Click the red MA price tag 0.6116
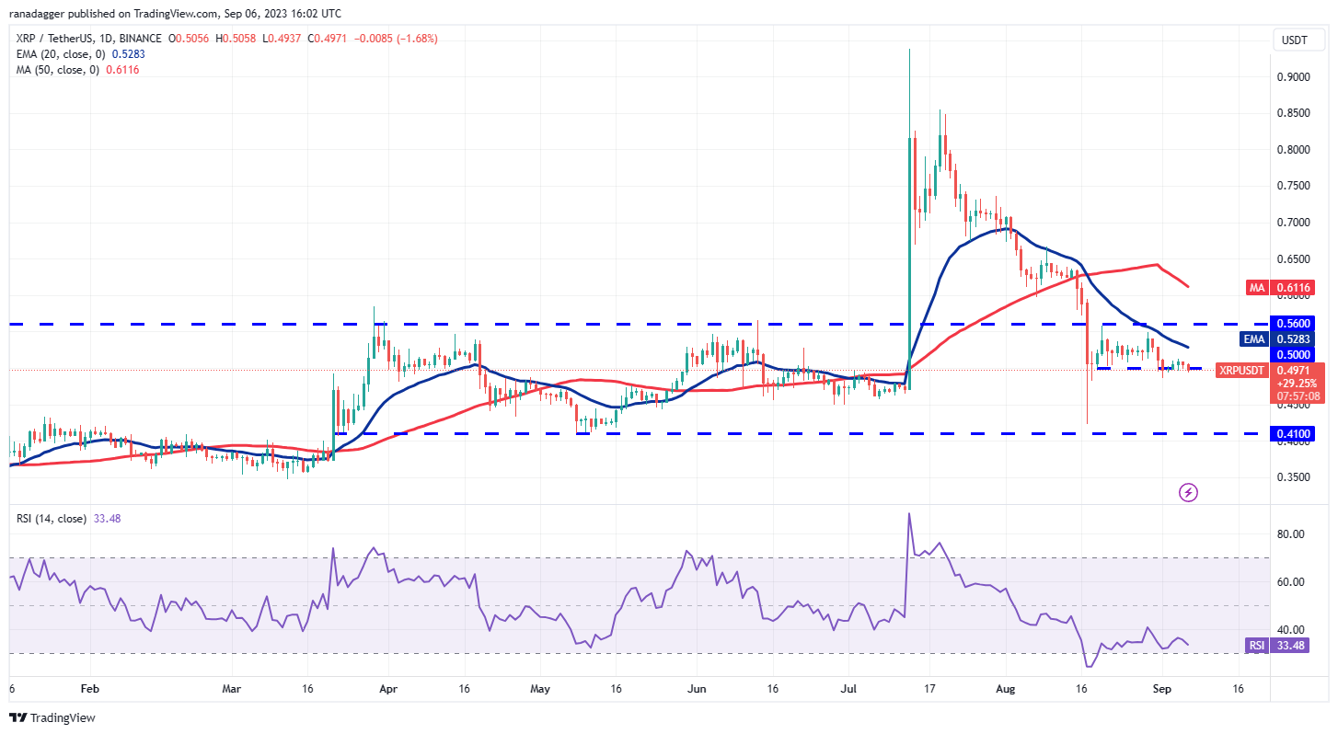click(1293, 288)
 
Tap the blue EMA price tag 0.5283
click(1293, 338)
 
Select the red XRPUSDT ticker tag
click(1241, 370)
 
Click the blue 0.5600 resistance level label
click(1294, 323)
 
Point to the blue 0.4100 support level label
click(1294, 432)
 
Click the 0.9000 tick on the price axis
click(1294, 77)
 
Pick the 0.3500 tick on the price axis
click(1294, 477)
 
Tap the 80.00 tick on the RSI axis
click(1290, 534)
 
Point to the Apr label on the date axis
click(387, 688)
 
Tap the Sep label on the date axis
click(1161, 688)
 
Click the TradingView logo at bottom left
click(52, 717)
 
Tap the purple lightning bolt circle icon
click(1188, 492)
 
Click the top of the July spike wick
click(909, 50)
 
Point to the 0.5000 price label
click(1293, 354)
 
